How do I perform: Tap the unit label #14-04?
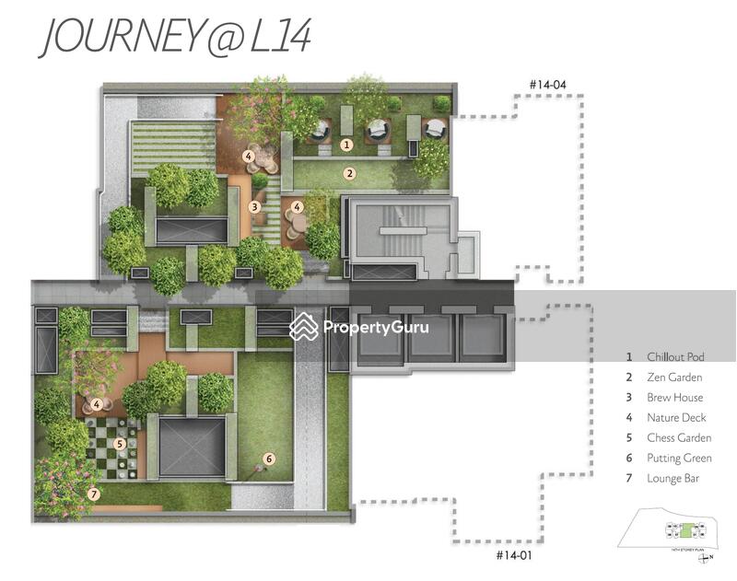[547, 86]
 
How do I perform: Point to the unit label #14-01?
[514, 555]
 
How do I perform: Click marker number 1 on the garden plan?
[346, 145]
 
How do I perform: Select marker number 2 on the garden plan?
[349, 172]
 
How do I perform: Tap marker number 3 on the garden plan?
[254, 207]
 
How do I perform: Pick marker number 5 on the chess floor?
[119, 443]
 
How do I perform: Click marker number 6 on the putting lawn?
[269, 458]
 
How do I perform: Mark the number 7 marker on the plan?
[93, 494]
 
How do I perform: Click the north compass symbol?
[705, 557]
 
